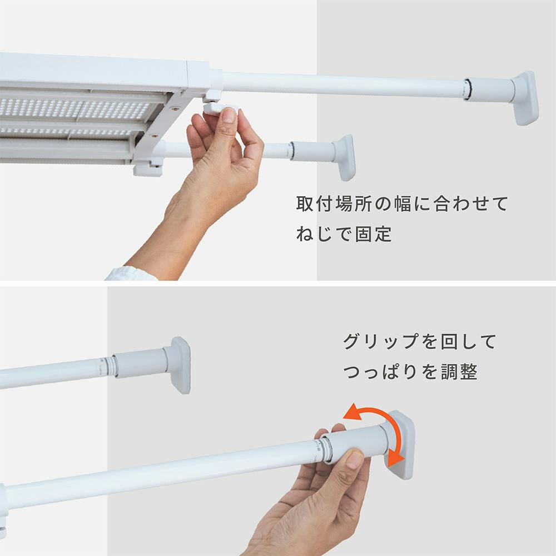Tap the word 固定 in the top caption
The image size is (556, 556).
click(x=373, y=234)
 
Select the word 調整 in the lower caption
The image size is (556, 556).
click(x=459, y=371)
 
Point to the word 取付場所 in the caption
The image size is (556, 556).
click(x=334, y=204)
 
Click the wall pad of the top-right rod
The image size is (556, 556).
click(x=525, y=97)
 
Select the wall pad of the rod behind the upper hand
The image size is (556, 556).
click(x=344, y=157)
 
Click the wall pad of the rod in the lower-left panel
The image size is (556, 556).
click(x=180, y=365)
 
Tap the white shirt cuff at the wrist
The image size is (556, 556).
click(x=131, y=274)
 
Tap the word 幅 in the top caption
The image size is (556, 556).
click(x=403, y=204)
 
